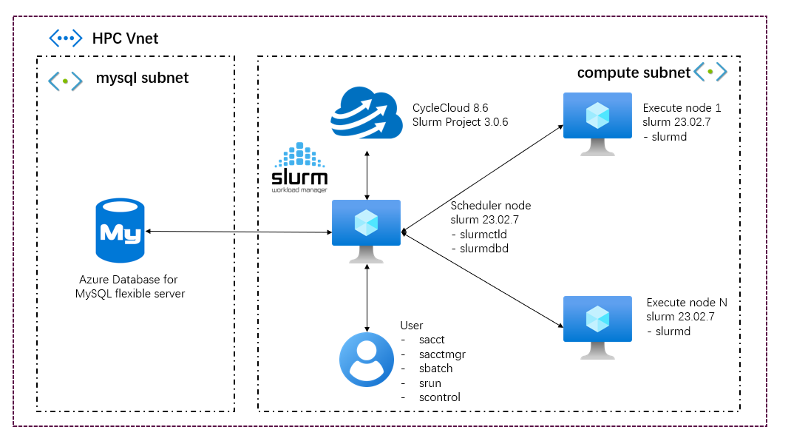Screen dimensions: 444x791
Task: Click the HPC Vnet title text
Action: coord(125,38)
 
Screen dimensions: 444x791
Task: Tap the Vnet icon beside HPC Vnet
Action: coord(65,38)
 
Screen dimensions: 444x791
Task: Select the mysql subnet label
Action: coord(142,78)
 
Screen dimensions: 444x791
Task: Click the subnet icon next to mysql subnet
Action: coord(65,80)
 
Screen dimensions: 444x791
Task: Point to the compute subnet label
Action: coord(634,73)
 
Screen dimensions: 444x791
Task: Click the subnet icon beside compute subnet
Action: coord(710,72)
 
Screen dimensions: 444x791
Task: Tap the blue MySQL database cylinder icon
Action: coord(120,232)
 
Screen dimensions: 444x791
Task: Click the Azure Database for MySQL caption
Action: coord(129,286)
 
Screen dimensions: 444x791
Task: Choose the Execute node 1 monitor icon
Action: coord(597,121)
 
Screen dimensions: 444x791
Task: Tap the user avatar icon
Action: coord(367,360)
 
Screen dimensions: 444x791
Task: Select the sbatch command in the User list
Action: coord(436,369)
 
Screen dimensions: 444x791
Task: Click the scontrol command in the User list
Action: coord(440,397)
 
